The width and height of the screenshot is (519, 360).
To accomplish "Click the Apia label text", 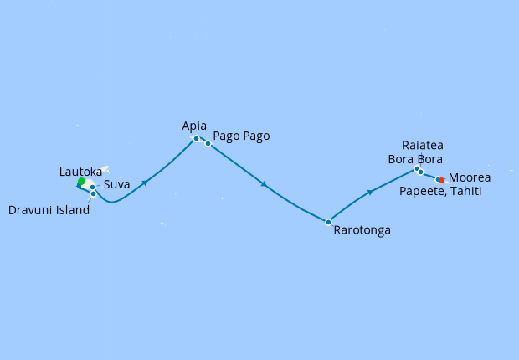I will click(x=194, y=126).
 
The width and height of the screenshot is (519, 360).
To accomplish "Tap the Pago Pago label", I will click(x=242, y=136).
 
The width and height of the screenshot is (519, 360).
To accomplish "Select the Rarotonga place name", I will click(x=362, y=229).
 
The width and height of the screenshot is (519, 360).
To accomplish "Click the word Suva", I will click(x=116, y=185).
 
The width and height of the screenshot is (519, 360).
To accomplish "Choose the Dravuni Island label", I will click(x=49, y=210).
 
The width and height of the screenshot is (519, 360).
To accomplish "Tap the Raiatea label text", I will click(x=423, y=144).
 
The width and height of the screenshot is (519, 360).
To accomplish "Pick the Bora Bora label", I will click(x=415, y=159).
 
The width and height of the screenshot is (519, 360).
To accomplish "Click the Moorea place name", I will click(x=470, y=178).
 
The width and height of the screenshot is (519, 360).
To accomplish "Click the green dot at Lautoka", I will click(x=81, y=182).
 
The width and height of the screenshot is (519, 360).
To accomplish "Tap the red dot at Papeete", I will click(x=441, y=180).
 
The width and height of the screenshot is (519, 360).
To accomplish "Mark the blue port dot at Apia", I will click(x=196, y=139).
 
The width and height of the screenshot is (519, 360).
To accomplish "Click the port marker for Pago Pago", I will click(x=208, y=143).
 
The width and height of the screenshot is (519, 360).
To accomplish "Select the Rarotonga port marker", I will click(x=328, y=222).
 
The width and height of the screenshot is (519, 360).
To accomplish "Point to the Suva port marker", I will click(x=92, y=187).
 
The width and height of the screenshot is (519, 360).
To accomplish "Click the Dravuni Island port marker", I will click(x=93, y=194).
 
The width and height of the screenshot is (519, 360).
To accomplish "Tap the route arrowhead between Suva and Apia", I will click(x=146, y=182).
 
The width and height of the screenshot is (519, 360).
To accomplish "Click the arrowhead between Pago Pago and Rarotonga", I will click(x=265, y=184).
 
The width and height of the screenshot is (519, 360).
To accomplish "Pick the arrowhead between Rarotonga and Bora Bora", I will click(x=369, y=193).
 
